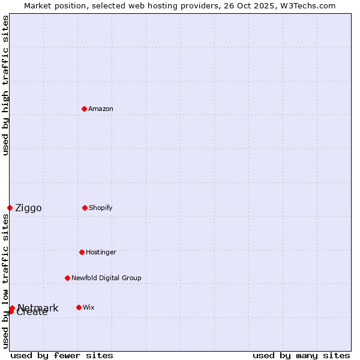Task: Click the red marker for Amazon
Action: tap(84, 109)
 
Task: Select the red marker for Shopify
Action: tap(85, 208)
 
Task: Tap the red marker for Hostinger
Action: tap(82, 252)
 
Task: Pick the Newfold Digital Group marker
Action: tap(67, 278)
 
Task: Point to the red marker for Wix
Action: tap(79, 307)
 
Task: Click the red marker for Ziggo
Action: tap(10, 208)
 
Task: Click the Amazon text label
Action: tap(101, 109)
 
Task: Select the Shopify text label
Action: tap(101, 208)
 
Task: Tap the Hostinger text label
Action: tap(101, 252)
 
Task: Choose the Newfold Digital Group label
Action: tap(106, 278)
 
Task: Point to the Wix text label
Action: tap(89, 307)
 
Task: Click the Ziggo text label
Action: tap(28, 208)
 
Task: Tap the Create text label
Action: tap(32, 313)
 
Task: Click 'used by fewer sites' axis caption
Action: tap(62, 355)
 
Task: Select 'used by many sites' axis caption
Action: tap(301, 355)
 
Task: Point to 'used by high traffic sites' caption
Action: tap(5, 85)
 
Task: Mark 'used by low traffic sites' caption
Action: tap(5, 281)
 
